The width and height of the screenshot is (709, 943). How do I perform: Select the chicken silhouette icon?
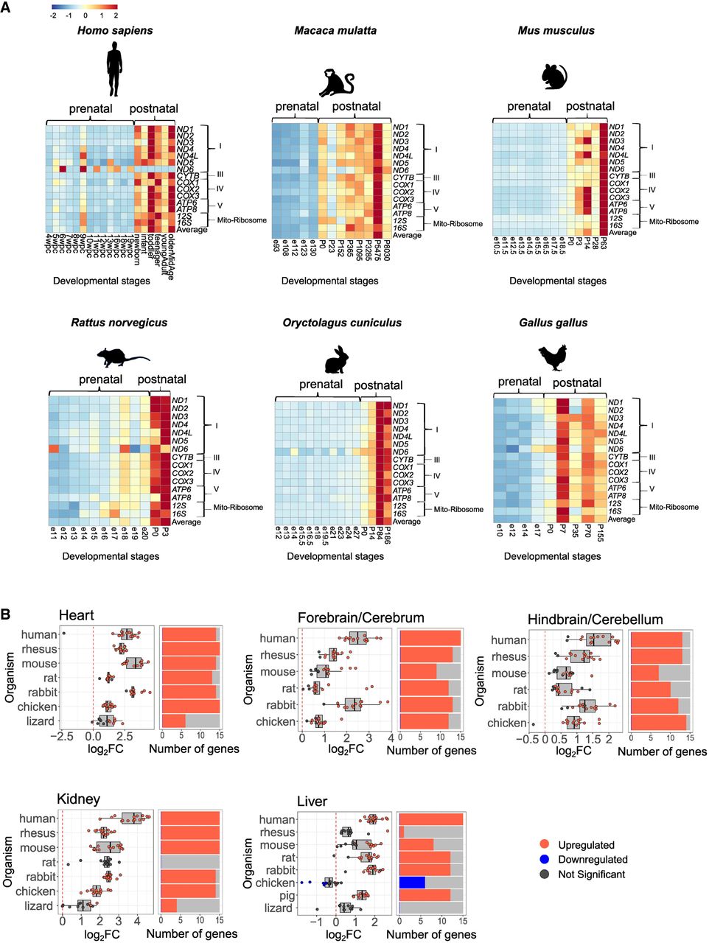(x=553, y=359)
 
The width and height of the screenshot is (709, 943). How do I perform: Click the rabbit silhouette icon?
(x=336, y=359)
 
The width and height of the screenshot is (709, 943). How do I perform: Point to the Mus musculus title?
(x=556, y=31)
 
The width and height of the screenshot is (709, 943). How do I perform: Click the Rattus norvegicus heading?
(x=119, y=323)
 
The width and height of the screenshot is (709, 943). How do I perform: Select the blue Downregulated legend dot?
(x=545, y=860)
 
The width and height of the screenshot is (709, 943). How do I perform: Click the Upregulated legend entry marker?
(x=545, y=845)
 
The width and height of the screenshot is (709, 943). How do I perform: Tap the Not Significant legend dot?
(x=545, y=874)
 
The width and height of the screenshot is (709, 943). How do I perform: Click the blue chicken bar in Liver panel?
(x=412, y=883)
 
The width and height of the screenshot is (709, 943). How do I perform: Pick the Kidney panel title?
(x=78, y=799)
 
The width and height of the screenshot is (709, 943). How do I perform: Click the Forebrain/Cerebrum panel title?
(x=360, y=617)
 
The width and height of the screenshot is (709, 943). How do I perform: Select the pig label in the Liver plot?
(x=287, y=895)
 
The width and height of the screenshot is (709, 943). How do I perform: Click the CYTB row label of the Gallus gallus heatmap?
(x=618, y=458)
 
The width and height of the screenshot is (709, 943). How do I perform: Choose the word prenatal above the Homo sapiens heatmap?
(x=90, y=109)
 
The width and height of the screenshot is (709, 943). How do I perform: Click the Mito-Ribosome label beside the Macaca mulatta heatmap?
(x=458, y=224)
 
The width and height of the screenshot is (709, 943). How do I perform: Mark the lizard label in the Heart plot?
(x=41, y=721)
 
